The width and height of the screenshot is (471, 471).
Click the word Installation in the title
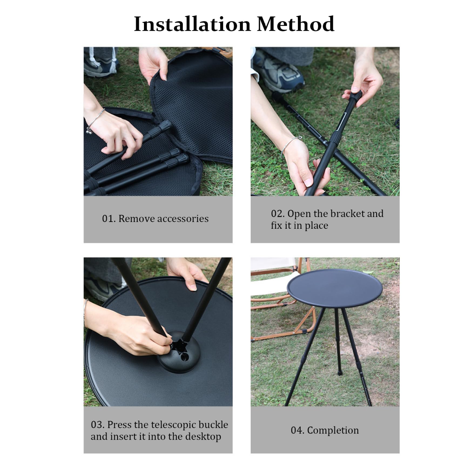tap(193, 24)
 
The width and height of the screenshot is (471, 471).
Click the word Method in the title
tap(295, 24)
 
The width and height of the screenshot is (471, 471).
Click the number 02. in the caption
tap(278, 214)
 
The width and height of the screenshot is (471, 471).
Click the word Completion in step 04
tap(333, 430)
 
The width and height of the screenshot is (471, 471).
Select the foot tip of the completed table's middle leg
tap(339, 373)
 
